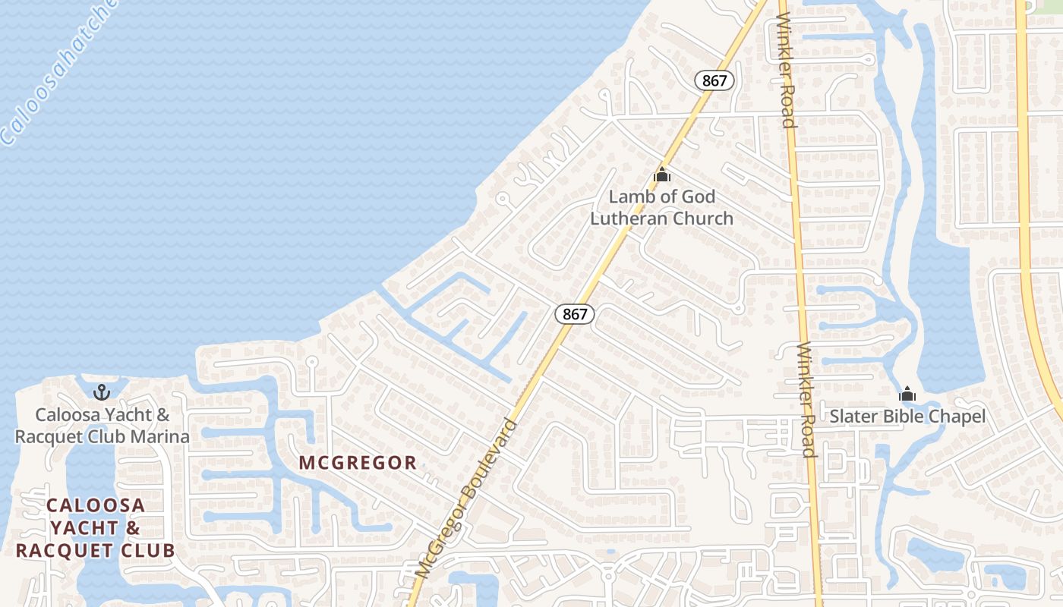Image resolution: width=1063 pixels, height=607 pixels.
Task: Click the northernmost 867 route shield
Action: pos(714,80)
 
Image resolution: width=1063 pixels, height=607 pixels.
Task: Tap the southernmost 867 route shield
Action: pos(574,313)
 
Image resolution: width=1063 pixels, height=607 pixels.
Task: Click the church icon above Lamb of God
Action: pos(662,175)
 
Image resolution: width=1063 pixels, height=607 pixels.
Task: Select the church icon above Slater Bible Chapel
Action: pos(907,394)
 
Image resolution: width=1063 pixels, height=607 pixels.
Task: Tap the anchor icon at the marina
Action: pos(101,392)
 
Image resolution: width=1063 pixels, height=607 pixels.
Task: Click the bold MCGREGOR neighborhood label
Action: pos(358,462)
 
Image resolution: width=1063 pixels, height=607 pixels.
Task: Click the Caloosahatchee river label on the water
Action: pos(57,72)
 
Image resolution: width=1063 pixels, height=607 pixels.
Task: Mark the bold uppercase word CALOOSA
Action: pos(95,505)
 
